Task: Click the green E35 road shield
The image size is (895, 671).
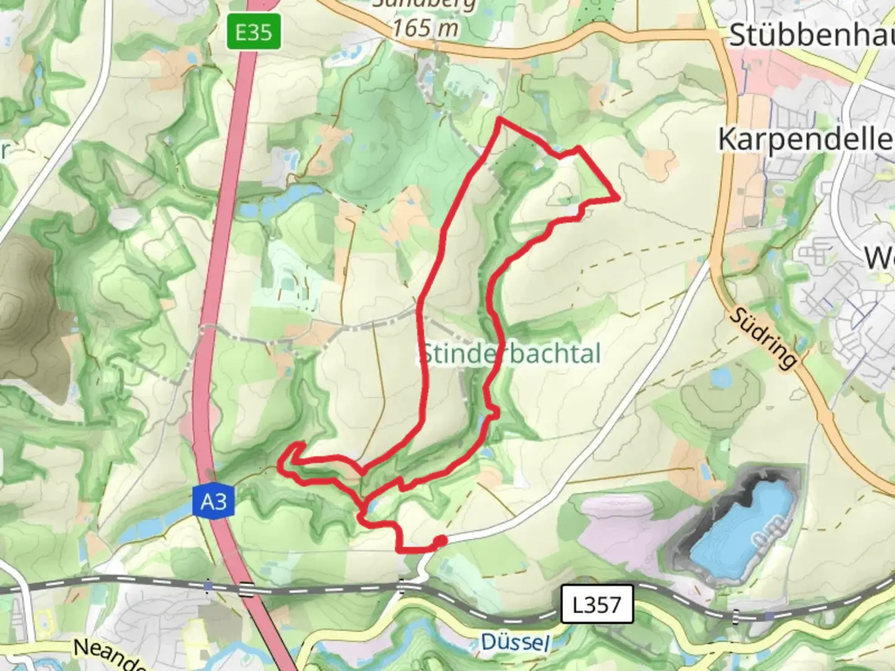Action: pyautogui.click(x=254, y=32)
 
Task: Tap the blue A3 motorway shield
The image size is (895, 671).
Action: pyautogui.click(x=213, y=500)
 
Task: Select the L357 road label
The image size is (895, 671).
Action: pyautogui.click(x=597, y=603)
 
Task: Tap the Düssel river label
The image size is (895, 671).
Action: pyautogui.click(x=515, y=641)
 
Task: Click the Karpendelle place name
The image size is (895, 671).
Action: pyautogui.click(x=805, y=139)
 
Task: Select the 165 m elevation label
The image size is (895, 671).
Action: pyautogui.click(x=426, y=28)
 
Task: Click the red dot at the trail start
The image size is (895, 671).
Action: pyautogui.click(x=439, y=542)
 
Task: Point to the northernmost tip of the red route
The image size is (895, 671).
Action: pyautogui.click(x=499, y=119)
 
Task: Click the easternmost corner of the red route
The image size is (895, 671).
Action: pyautogui.click(x=618, y=199)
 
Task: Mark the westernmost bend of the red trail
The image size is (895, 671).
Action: pyautogui.click(x=280, y=463)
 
